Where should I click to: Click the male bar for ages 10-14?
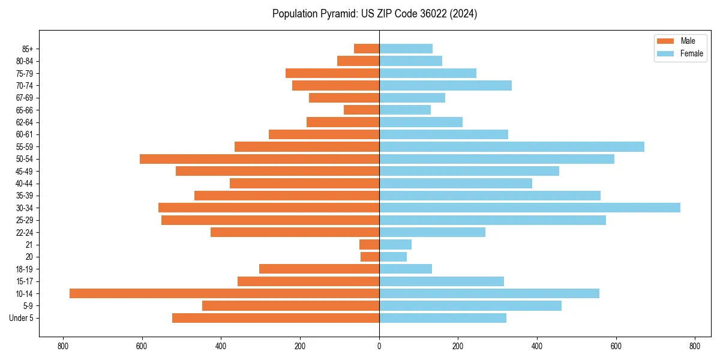tap(224, 293)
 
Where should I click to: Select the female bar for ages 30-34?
tap(530, 208)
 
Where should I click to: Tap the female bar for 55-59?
tap(512, 146)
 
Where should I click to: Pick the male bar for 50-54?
tap(259, 159)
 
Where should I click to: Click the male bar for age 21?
tap(369, 244)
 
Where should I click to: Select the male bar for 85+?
tap(367, 49)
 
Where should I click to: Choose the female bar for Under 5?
tap(443, 318)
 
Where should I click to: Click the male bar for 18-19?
tap(319, 269)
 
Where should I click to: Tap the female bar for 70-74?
tap(445, 85)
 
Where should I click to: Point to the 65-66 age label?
tap(25, 110)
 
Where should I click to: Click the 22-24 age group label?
tap(25, 232)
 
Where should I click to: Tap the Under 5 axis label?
tap(22, 318)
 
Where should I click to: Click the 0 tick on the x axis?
tap(379, 346)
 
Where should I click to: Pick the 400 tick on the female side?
tap(537, 346)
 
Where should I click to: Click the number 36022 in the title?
tap(422, 14)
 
